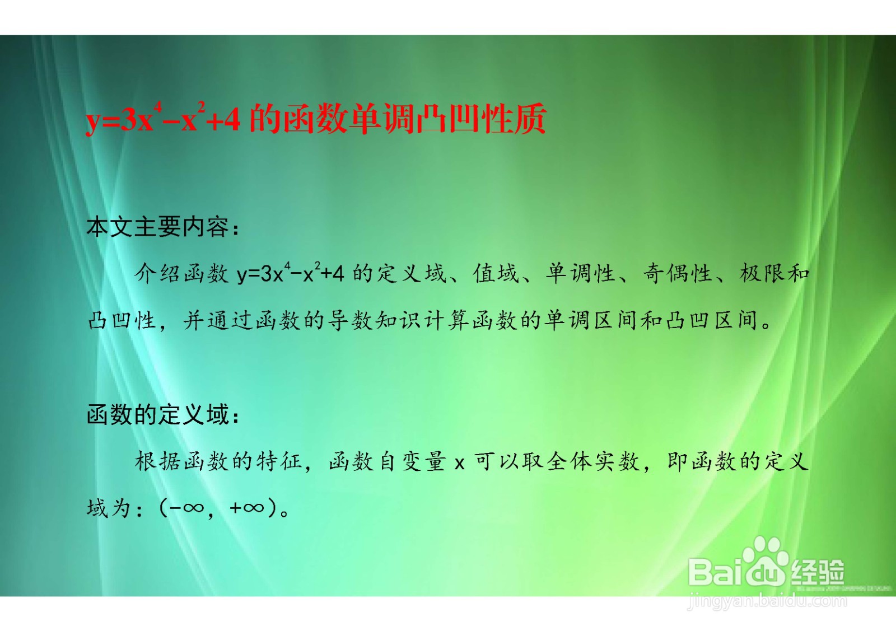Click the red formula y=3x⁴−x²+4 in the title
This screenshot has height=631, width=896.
point(163,118)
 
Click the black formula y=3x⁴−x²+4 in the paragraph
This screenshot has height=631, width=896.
point(291,273)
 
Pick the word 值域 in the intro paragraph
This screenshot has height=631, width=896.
point(496,274)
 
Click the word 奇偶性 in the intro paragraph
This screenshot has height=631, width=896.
point(678,274)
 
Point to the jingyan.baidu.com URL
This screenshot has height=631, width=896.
point(767,601)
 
